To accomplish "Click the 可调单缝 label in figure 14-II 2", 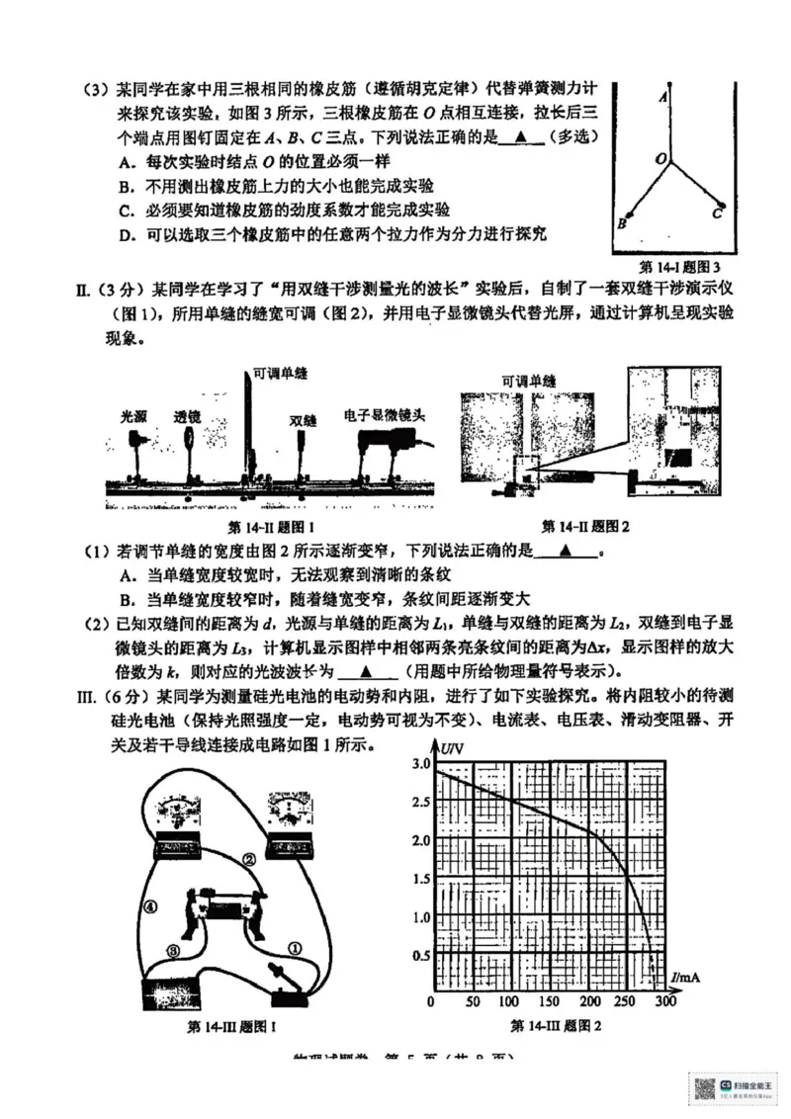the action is click(528, 381).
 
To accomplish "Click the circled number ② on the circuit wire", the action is click(249, 860).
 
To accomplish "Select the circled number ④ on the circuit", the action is click(150, 905).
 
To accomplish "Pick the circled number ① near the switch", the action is click(293, 946).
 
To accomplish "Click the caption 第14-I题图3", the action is click(681, 266).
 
